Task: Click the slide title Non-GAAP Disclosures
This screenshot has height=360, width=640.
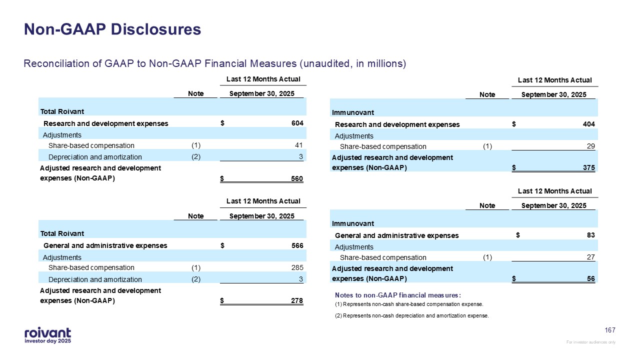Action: click(112, 29)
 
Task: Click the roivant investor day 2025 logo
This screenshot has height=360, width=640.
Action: click(47, 335)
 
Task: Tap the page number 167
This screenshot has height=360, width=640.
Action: click(610, 330)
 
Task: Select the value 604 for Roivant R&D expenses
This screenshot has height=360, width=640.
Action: click(297, 123)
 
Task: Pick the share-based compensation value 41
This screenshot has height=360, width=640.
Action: click(299, 145)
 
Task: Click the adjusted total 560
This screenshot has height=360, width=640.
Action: click(297, 179)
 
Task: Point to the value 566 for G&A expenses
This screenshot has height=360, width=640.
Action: click(297, 245)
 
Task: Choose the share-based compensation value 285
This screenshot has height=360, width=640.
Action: click(297, 267)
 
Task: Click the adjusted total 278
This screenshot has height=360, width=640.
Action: click(297, 301)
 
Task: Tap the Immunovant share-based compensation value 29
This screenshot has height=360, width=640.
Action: click(591, 146)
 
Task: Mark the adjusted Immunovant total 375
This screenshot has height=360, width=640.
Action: click(589, 168)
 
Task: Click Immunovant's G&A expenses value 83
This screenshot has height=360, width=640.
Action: click(591, 235)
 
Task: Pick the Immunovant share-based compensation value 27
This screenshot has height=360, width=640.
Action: click(591, 257)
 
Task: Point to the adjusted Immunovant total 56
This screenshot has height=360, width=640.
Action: click(591, 279)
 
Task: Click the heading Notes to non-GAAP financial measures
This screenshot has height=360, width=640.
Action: click(397, 295)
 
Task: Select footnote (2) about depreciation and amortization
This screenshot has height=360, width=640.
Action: click(411, 315)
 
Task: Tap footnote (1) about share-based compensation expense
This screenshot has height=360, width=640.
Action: click(409, 304)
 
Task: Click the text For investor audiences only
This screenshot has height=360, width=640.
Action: click(590, 342)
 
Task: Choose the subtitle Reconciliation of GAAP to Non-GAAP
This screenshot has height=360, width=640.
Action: click(215, 63)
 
